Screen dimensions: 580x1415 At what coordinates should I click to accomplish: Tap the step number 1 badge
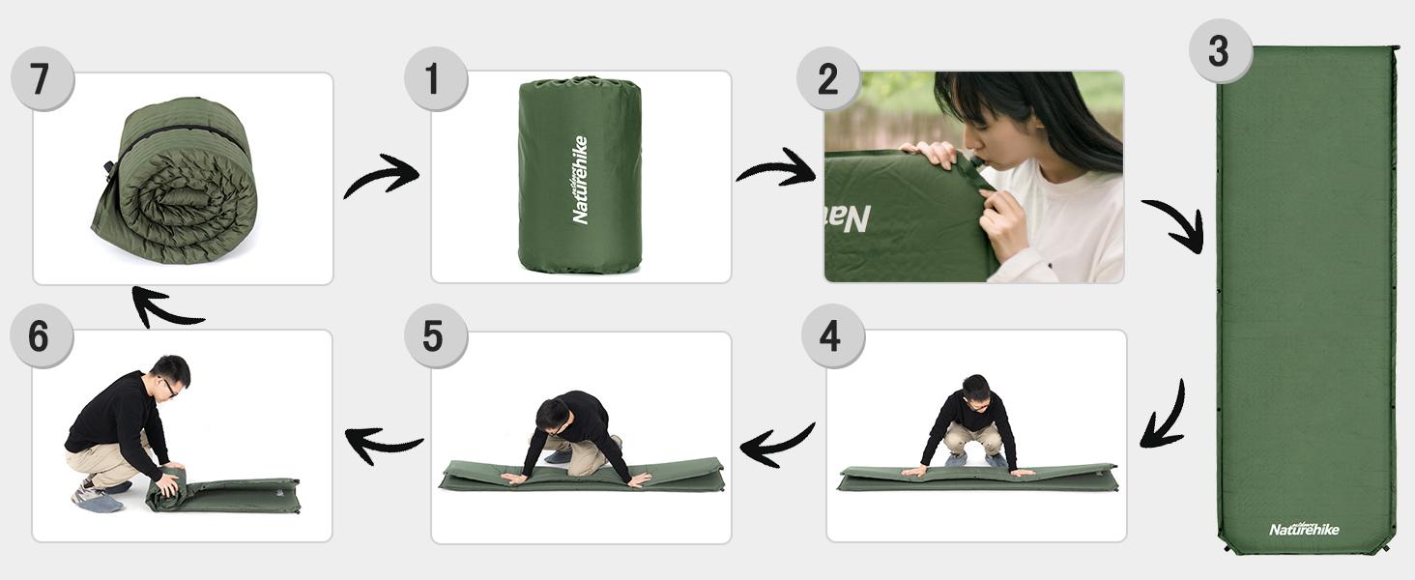(435, 77)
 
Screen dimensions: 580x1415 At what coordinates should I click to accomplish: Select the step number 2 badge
(828, 77)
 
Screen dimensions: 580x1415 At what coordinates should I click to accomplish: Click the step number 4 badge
(832, 336)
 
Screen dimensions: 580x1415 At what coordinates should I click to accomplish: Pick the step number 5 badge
(435, 336)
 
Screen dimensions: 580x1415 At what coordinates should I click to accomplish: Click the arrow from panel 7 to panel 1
(381, 176)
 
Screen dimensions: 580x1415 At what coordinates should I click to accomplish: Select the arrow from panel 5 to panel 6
(383, 444)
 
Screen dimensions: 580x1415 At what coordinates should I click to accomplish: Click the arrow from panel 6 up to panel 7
(164, 307)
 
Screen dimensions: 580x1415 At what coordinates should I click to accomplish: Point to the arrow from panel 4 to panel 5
(777, 444)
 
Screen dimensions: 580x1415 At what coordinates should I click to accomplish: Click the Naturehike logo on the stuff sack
(580, 180)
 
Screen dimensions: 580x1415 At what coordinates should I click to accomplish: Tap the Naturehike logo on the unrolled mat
(1304, 529)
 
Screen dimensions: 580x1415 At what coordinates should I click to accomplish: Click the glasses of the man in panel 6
(170, 387)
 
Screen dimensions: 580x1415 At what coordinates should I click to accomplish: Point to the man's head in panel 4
(975, 390)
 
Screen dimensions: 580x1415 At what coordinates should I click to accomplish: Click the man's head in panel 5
(553, 416)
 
